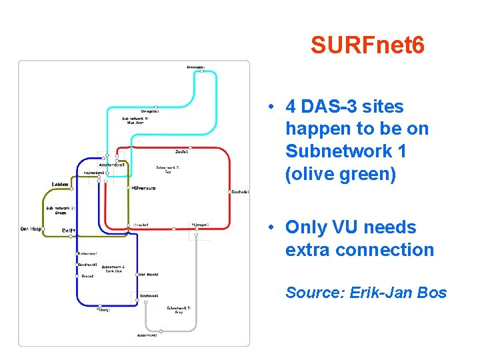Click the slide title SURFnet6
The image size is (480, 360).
coord(367,45)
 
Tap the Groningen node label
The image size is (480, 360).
coord(195,67)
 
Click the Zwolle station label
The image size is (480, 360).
coord(182,151)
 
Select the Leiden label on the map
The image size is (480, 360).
coord(61,184)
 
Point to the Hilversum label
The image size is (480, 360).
coord(143,188)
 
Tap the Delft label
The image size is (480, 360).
coord(69,231)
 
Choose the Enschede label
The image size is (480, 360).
coord(240,192)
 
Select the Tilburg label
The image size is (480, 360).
coord(103,310)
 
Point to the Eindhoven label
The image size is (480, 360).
coord(149,295)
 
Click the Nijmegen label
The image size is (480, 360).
coord(199,225)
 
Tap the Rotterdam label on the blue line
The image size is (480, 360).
coord(87,253)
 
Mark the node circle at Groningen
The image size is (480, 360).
coord(201,71)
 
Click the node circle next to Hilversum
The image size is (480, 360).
coord(129,188)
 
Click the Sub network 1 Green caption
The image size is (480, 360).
coord(61,211)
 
